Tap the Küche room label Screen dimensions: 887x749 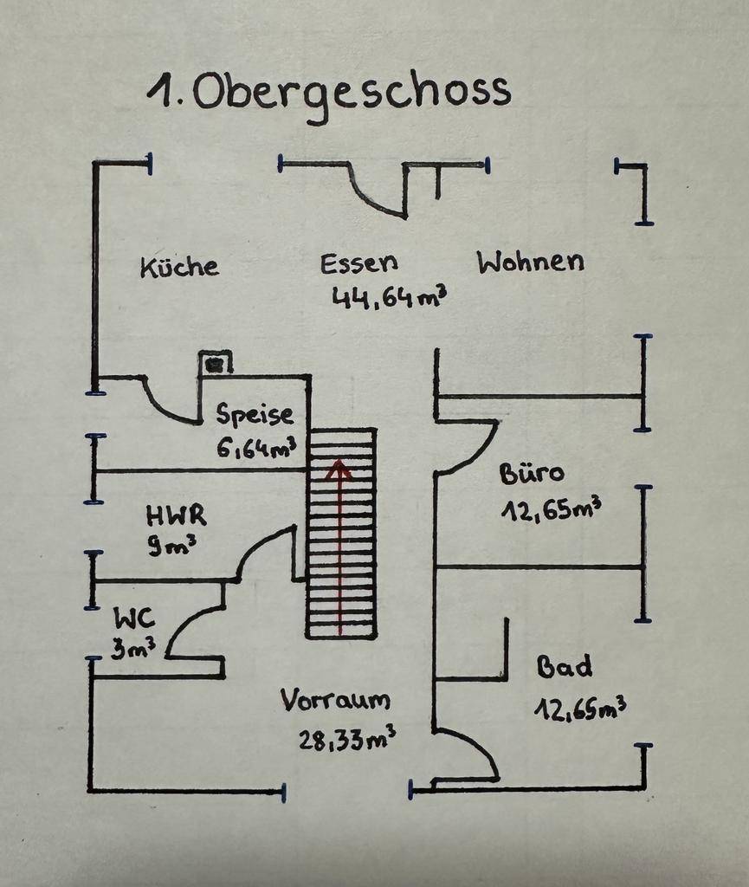[179, 266]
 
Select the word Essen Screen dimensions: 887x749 [358, 263]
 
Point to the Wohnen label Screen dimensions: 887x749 [531, 262]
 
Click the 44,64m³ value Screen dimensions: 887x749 [389, 297]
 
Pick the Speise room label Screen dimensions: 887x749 [255, 415]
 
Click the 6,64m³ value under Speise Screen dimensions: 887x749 [256, 448]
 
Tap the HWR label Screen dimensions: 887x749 [176, 516]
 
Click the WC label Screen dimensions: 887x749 [134, 618]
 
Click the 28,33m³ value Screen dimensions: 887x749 [347, 739]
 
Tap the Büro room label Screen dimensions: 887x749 [531, 474]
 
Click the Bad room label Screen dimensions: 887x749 [565, 667]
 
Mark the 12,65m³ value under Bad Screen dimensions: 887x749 [579, 709]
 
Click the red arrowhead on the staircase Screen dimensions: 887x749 [339, 470]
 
